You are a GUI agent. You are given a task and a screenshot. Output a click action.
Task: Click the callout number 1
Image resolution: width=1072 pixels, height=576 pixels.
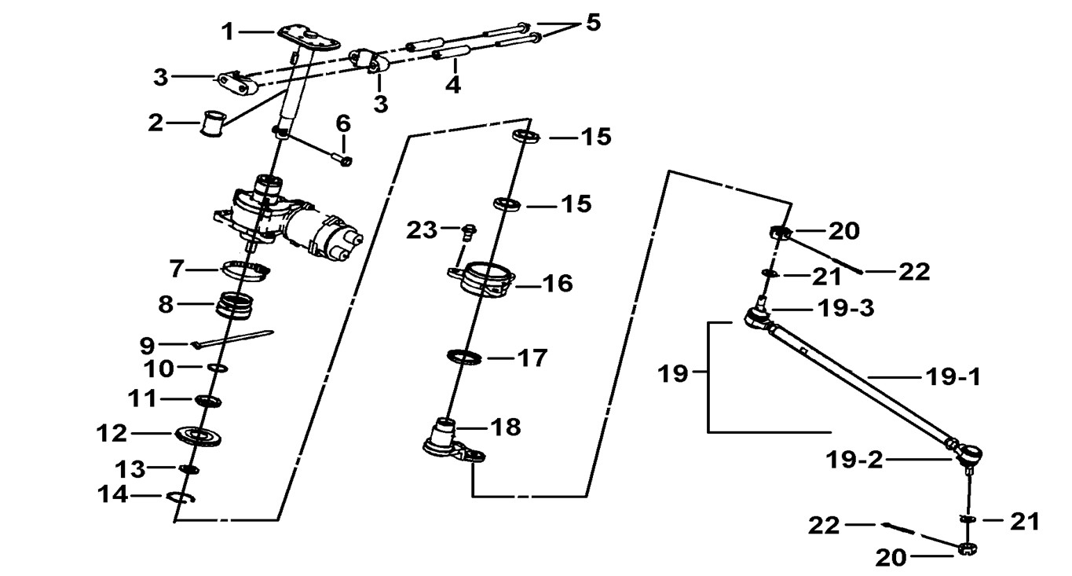click(x=228, y=32)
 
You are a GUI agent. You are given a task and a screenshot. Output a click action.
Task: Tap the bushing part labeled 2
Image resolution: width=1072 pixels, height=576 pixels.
click(x=213, y=124)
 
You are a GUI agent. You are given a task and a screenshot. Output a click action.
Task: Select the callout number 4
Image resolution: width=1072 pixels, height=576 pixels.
click(x=453, y=84)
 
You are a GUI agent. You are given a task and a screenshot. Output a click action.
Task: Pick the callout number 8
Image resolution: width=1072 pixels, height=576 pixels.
click(x=166, y=304)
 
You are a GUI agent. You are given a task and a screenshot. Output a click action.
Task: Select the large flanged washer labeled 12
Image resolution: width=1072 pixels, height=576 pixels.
click(x=198, y=435)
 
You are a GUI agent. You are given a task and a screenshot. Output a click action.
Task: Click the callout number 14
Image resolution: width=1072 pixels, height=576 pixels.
click(x=113, y=495)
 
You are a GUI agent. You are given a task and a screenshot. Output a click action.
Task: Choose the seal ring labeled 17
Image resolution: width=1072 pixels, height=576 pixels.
click(x=464, y=358)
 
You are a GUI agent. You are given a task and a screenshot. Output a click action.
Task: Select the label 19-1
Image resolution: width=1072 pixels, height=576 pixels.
click(x=952, y=378)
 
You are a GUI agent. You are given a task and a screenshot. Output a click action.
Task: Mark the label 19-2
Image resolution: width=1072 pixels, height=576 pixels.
click(x=854, y=460)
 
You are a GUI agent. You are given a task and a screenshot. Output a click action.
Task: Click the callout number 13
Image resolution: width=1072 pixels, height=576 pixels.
click(x=130, y=469)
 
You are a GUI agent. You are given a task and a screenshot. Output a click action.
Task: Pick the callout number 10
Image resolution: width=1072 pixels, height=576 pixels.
click(x=159, y=368)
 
